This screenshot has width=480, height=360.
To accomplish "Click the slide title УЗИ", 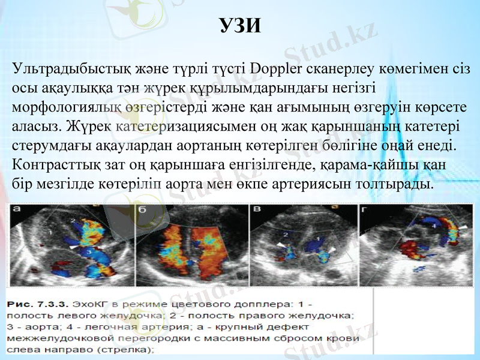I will tap(240, 25).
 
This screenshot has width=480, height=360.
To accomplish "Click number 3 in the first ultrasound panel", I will tap(88, 254).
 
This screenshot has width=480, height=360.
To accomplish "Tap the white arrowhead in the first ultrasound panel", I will tap(73, 246).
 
